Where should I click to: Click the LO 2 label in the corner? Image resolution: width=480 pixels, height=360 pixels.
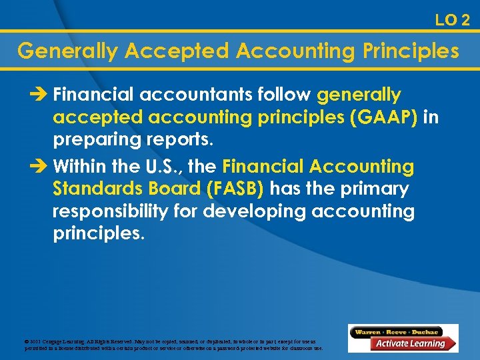452,20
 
